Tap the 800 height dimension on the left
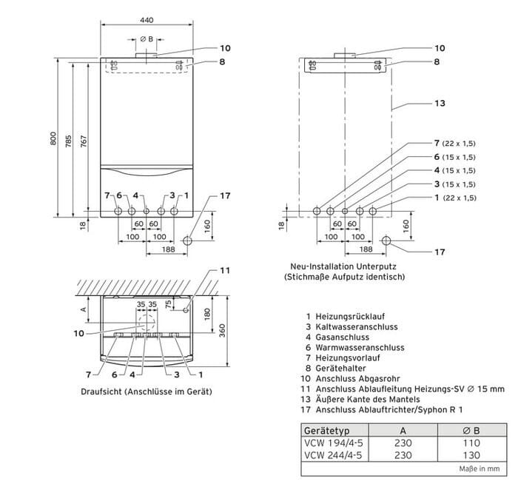pyautogui.click(x=53, y=138)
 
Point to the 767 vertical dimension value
pyautogui.click(x=84, y=138)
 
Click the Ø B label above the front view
pyautogui.click(x=147, y=38)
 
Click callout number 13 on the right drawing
pyautogui.click(x=440, y=103)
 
